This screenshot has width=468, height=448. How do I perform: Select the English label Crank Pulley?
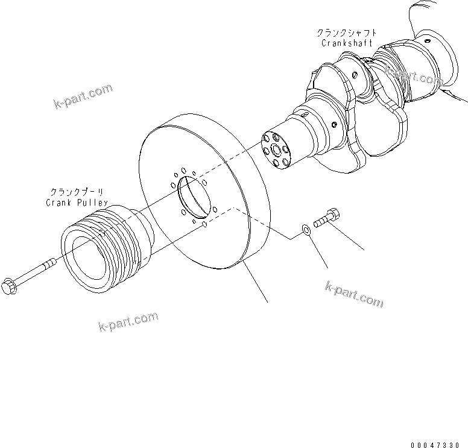pyautogui.click(x=77, y=203)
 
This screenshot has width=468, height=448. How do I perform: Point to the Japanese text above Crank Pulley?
pyautogui.click(x=77, y=193)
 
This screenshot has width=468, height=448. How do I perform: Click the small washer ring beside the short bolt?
pyautogui.click(x=306, y=229)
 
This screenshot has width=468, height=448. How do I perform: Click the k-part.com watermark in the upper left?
pyautogui.click(x=83, y=96)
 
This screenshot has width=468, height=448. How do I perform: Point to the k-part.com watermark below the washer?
pyautogui.click(x=354, y=293)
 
